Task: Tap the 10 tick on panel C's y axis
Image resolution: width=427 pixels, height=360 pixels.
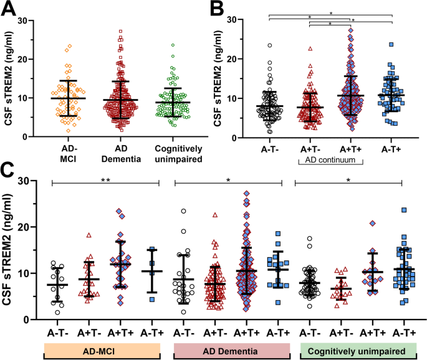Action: pyautogui.click(x=36, y=273)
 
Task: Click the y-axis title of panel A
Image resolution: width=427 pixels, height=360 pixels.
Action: pyautogui.click(x=11, y=78)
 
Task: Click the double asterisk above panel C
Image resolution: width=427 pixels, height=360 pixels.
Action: pyautogui.click(x=105, y=178)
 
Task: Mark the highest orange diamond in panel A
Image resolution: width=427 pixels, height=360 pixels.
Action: pyautogui.click(x=70, y=46)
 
